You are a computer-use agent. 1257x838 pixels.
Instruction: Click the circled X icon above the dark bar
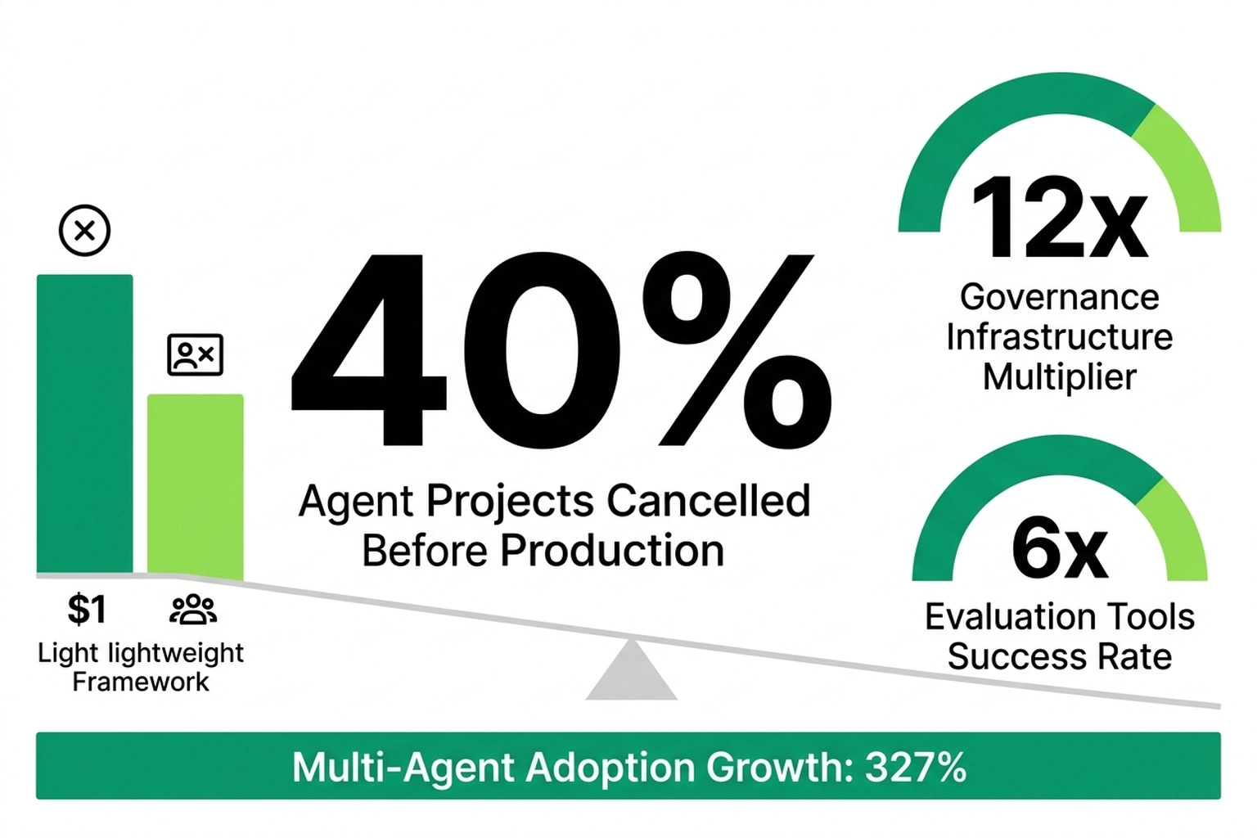(84, 230)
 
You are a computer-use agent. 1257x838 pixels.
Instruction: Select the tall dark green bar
(84, 423)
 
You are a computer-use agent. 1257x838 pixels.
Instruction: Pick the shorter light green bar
(195, 486)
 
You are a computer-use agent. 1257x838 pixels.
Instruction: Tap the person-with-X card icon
(195, 354)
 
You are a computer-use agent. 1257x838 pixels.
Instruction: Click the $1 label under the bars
(87, 610)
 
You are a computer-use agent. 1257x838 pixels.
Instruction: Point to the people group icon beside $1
(193, 610)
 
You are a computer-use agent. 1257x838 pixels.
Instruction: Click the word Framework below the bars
(140, 682)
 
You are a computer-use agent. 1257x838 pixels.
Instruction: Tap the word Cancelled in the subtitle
(708, 501)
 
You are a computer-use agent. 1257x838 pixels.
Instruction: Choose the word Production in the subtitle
(612, 550)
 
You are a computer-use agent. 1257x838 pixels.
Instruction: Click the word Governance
(1059, 297)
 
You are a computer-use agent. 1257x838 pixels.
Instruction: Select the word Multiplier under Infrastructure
(1059, 377)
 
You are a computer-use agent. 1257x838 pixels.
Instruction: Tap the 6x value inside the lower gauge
(1059, 549)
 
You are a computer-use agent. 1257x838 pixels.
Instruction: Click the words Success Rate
(1059, 657)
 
